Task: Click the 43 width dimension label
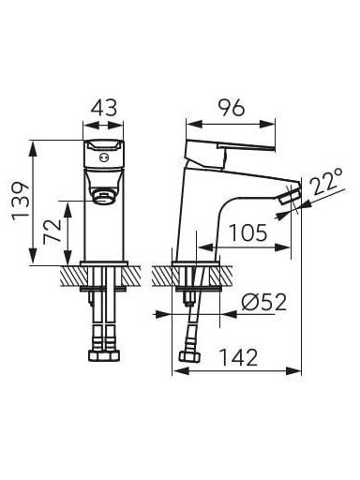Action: (x=104, y=108)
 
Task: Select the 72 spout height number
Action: (x=52, y=232)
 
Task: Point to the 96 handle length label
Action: (x=232, y=108)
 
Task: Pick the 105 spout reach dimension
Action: (x=248, y=232)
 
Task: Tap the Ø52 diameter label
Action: (x=264, y=302)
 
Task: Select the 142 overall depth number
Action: (x=239, y=357)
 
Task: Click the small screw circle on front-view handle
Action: (x=103, y=157)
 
